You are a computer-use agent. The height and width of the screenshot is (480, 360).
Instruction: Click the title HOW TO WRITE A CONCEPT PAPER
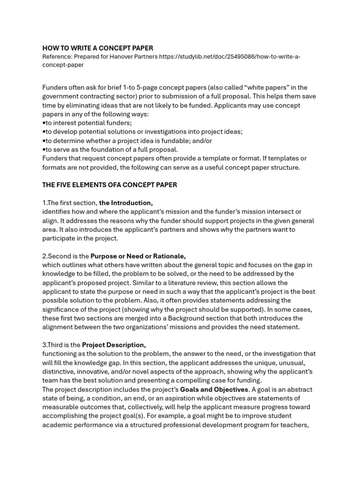pyautogui.click(x=97, y=48)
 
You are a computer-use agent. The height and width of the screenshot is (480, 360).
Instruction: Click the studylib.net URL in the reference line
pyautogui.click(x=230, y=57)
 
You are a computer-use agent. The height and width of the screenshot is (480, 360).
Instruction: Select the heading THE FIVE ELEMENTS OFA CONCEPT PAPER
pyautogui.click(x=110, y=185)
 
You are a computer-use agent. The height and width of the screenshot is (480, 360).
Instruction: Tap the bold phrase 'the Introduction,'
pyautogui.click(x=126, y=202)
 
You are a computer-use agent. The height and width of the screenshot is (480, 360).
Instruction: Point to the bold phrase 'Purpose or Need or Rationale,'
pyautogui.click(x=138, y=256)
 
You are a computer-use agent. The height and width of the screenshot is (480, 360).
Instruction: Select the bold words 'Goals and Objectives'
pyautogui.click(x=214, y=390)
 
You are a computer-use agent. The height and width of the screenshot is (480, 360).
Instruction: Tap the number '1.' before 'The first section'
pyautogui.click(x=45, y=202)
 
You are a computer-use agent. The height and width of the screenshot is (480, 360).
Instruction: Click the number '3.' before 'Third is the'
pyautogui.click(x=45, y=345)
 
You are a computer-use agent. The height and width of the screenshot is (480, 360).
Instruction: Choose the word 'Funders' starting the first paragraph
pyautogui.click(x=55, y=88)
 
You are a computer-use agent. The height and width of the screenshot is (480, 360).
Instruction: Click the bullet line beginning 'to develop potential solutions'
pyautogui.click(x=143, y=132)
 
